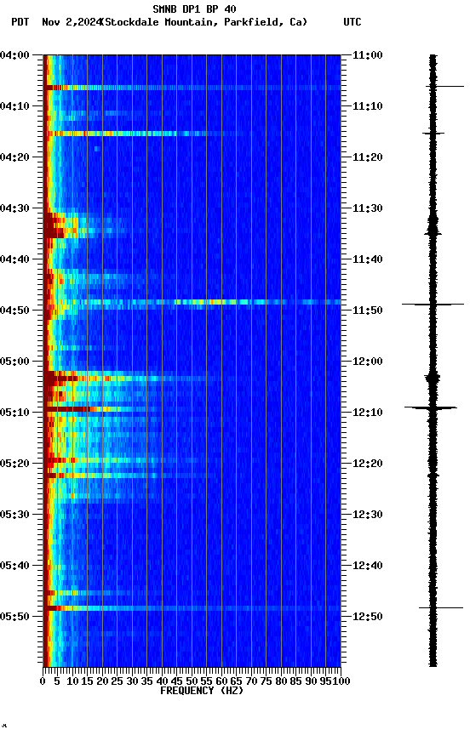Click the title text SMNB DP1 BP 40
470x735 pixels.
tap(194, 9)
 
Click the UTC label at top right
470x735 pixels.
tap(352, 22)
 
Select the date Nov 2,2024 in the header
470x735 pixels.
tap(72, 22)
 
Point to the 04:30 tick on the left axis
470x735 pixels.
tap(15, 208)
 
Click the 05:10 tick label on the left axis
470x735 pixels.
tap(15, 413)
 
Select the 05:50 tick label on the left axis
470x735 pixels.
tap(15, 617)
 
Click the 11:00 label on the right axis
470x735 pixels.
tap(367, 55)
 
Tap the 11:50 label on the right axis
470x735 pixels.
tap(367, 311)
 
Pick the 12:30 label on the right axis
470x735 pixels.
tap(367, 515)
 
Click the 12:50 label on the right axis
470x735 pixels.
tap(367, 617)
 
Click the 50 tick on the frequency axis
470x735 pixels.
tap(192, 681)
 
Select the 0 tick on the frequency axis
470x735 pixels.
tap(43, 681)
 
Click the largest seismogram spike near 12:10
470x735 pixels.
tap(433, 407)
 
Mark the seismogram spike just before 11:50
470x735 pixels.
tap(433, 304)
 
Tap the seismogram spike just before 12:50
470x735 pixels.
tap(433, 607)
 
